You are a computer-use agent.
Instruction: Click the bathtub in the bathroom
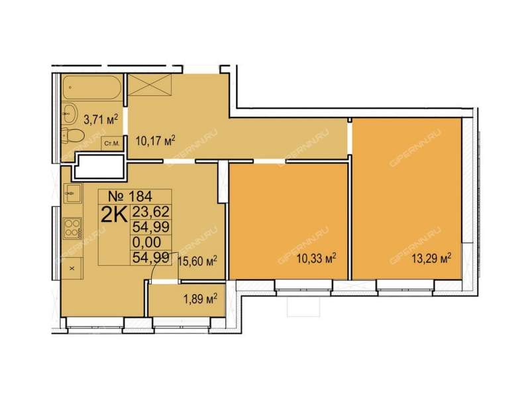[x=91, y=88]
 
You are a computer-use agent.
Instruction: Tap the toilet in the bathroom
[x=73, y=136]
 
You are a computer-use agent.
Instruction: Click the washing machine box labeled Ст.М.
[x=111, y=143]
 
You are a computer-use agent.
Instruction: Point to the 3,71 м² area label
[x=101, y=119]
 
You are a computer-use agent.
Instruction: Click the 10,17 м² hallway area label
[x=155, y=140]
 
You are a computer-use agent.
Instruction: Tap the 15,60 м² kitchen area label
[x=197, y=261]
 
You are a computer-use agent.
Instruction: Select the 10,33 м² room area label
[x=317, y=259]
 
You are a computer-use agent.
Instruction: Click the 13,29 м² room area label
[x=432, y=259]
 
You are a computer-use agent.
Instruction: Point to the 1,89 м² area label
[x=200, y=299]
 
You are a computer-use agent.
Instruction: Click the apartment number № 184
[x=130, y=196]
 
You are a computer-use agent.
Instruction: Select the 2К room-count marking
[x=114, y=215]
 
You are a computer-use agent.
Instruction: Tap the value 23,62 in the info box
[x=151, y=212]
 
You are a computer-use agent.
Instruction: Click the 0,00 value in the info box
[x=146, y=242]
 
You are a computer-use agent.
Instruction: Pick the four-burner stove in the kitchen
[x=73, y=228]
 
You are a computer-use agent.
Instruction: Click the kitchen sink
[x=72, y=193]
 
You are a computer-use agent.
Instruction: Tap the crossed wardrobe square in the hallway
[x=150, y=86]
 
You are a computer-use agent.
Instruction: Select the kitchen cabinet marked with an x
[x=72, y=269]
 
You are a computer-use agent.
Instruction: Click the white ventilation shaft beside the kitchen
[x=99, y=166]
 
